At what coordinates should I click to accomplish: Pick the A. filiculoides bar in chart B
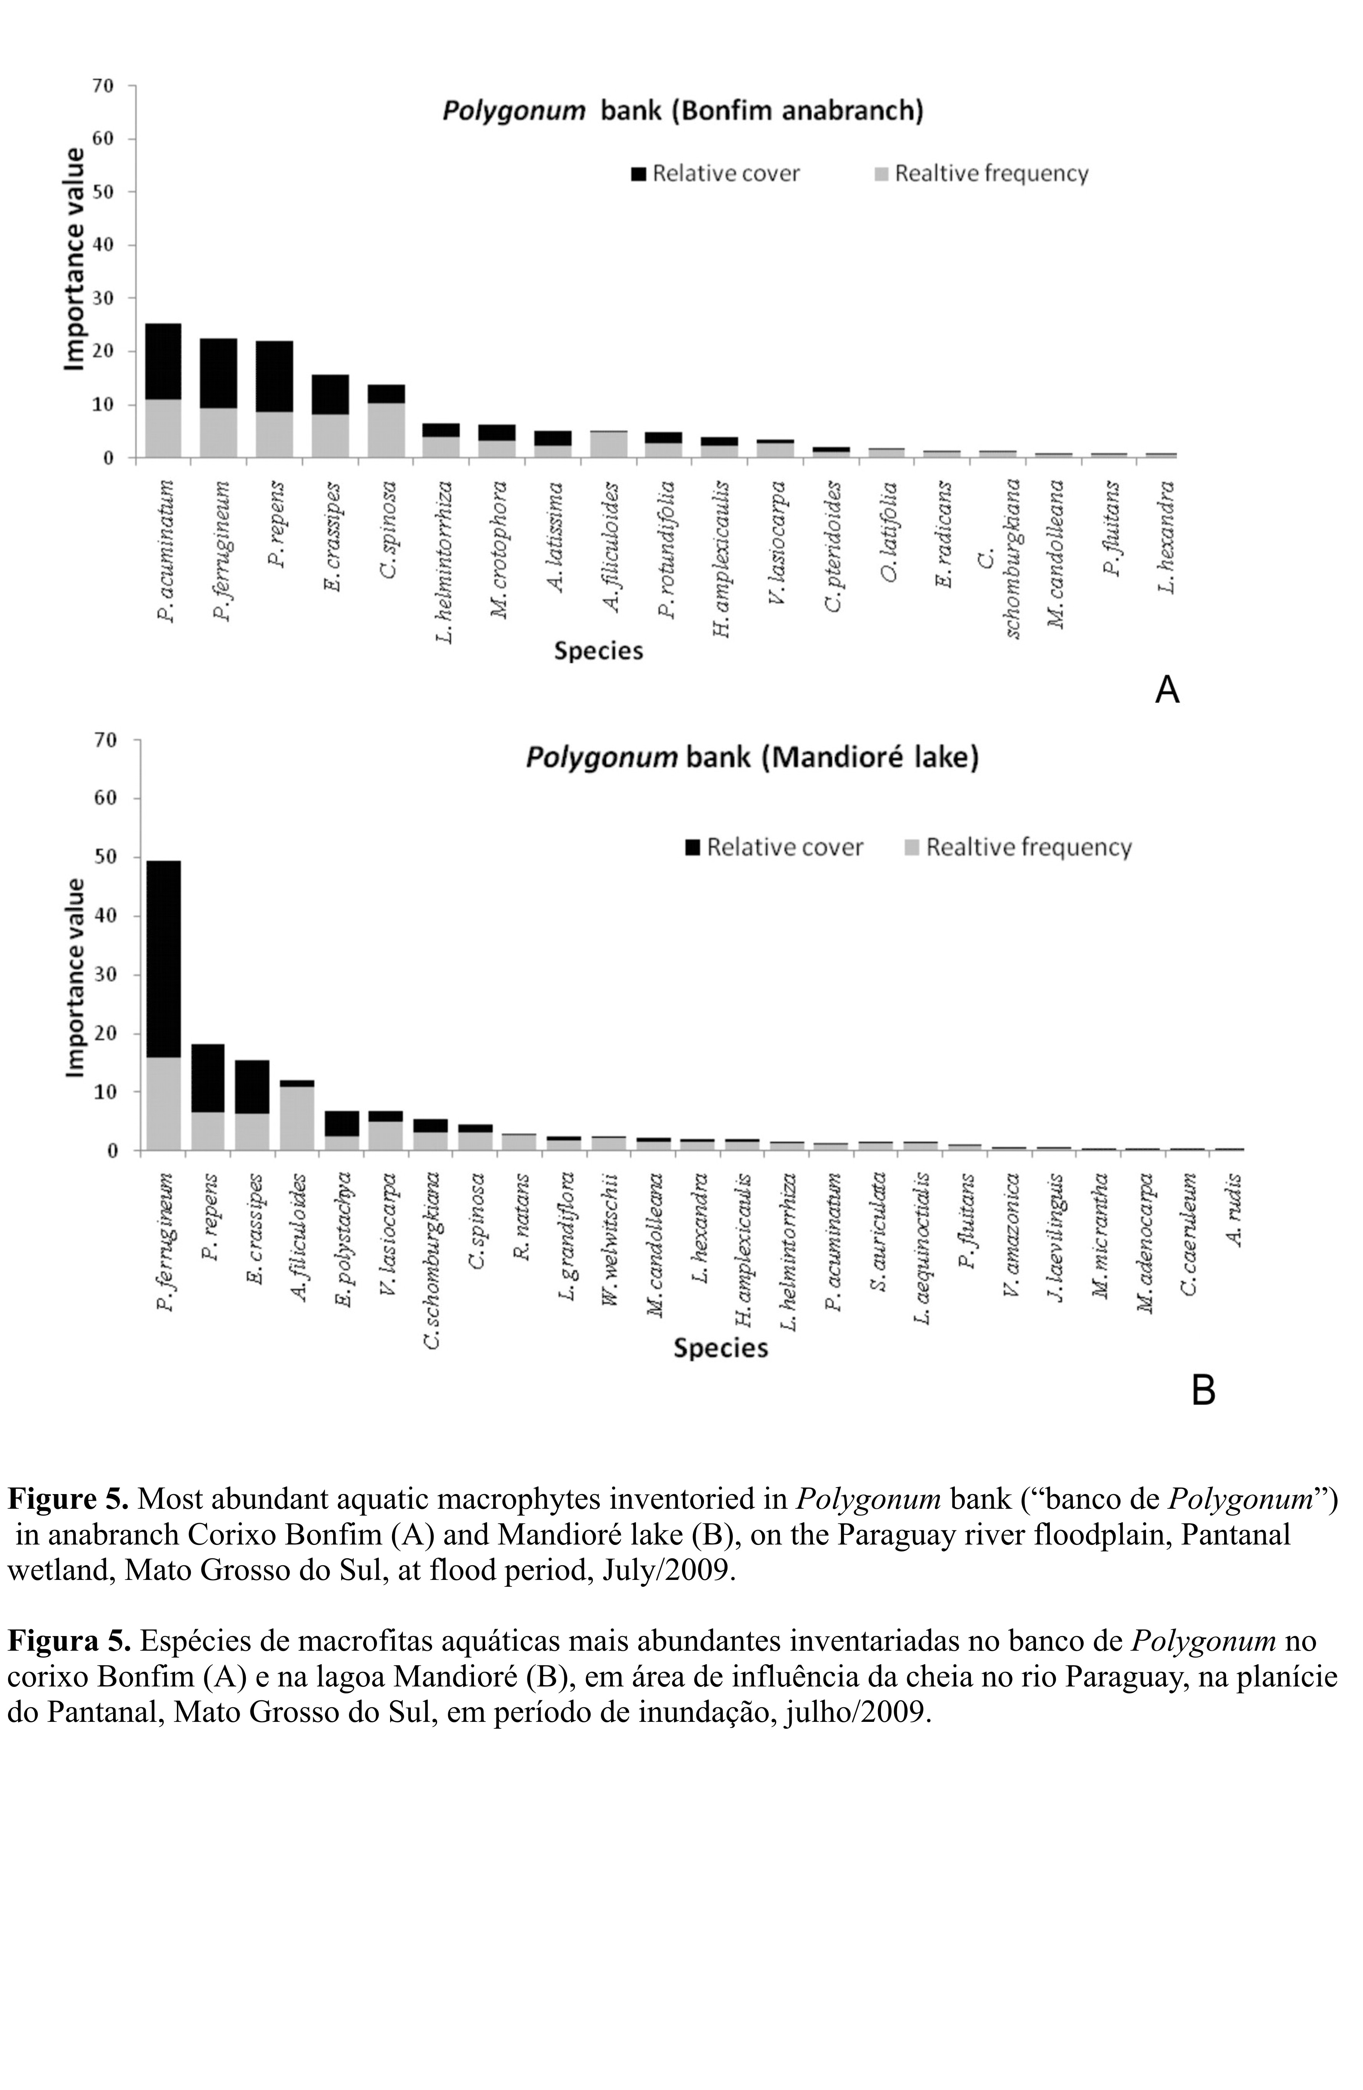point(297,1115)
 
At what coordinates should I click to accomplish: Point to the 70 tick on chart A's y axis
point(103,86)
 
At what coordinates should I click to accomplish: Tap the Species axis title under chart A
point(598,651)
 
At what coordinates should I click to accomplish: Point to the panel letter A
point(1166,689)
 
